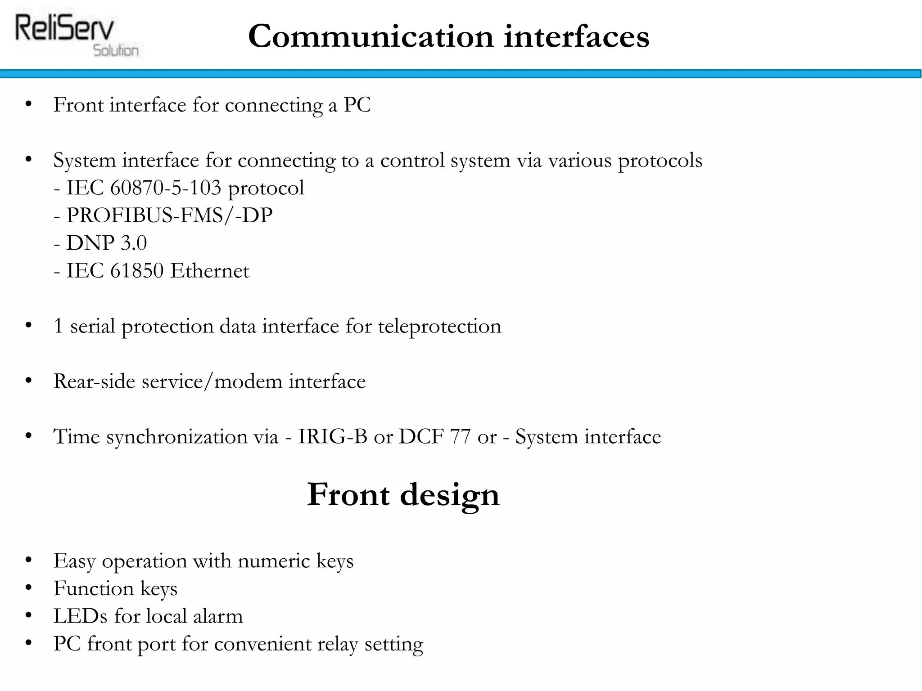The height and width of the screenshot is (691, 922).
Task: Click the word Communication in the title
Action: pos(371,36)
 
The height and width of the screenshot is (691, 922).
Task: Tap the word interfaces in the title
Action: pos(576,36)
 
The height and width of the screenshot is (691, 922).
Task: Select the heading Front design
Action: pos(403,494)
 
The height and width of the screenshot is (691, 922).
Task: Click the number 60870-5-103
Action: pos(166,188)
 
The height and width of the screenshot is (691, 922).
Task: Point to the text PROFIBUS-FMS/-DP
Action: pos(169,215)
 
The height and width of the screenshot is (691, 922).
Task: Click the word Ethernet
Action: pos(210,271)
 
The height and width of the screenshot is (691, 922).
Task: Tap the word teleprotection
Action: pos(439,326)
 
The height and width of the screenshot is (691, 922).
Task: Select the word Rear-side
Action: pos(94,381)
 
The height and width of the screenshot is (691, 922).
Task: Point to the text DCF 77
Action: pos(434,436)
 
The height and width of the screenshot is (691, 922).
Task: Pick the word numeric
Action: pos(273,561)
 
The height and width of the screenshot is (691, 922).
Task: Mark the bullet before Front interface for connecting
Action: pos(29,104)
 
